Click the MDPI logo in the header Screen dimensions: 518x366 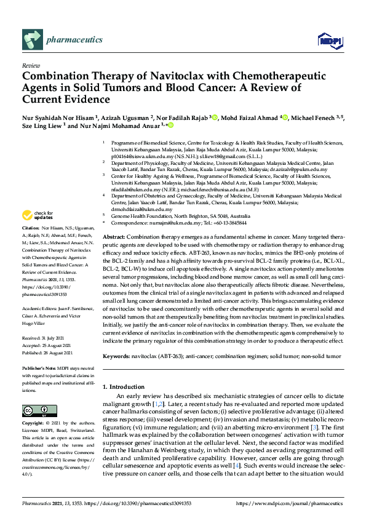tap(328, 41)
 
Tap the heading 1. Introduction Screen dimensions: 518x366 tap(127, 386)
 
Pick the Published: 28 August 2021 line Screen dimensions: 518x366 tap(49, 353)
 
